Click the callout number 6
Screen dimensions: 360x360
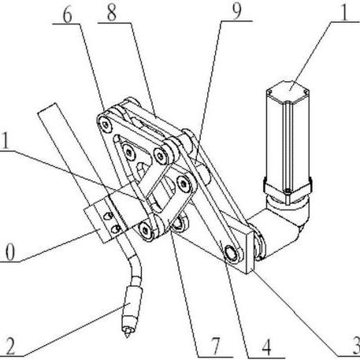68,16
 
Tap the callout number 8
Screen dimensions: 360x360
112,13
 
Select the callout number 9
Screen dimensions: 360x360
237,13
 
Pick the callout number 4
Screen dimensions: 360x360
266,347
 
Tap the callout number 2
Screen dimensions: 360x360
9,347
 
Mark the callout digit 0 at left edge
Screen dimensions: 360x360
9,253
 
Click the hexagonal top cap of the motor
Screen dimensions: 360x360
288,91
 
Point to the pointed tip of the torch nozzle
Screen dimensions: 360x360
128,337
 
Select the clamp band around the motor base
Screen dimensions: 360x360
288,187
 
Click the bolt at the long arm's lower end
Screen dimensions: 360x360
232,254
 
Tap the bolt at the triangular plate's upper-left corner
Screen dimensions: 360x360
106,124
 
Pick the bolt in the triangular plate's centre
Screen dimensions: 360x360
129,151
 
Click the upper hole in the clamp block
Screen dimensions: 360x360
108,216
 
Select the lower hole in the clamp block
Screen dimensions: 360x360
116,229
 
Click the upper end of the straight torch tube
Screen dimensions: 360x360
47,108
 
